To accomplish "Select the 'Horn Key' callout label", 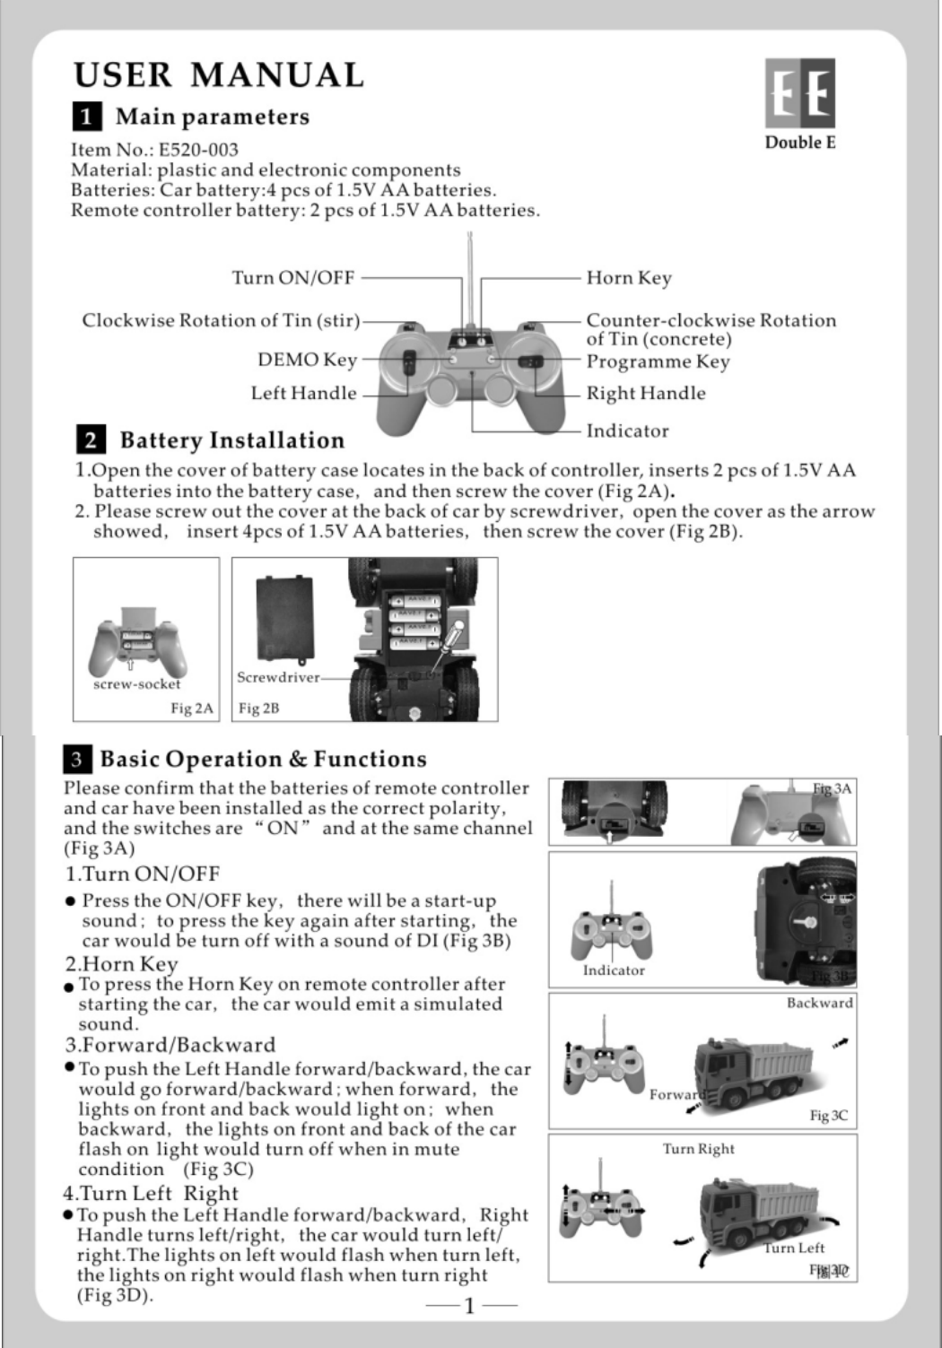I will [628, 278].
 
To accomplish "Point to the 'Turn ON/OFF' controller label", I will [293, 278].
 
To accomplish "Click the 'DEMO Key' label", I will [307, 360].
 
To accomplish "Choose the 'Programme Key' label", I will [658, 361].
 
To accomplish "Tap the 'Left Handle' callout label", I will [303, 393].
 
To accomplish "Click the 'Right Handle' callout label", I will [645, 393].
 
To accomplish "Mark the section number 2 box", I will [91, 439].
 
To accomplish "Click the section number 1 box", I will [86, 117].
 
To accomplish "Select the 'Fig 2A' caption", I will [192, 709].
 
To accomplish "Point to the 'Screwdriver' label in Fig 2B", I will [278, 677].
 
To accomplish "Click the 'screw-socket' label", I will [136, 684].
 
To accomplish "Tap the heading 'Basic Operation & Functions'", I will [263, 760].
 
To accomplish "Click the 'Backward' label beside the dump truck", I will [819, 1003].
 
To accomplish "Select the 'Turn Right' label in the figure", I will [698, 1149].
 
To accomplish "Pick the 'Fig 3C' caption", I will [828, 1116].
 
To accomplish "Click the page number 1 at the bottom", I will [469, 1305].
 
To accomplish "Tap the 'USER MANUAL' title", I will [219, 74].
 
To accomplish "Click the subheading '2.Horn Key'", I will [121, 964].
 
